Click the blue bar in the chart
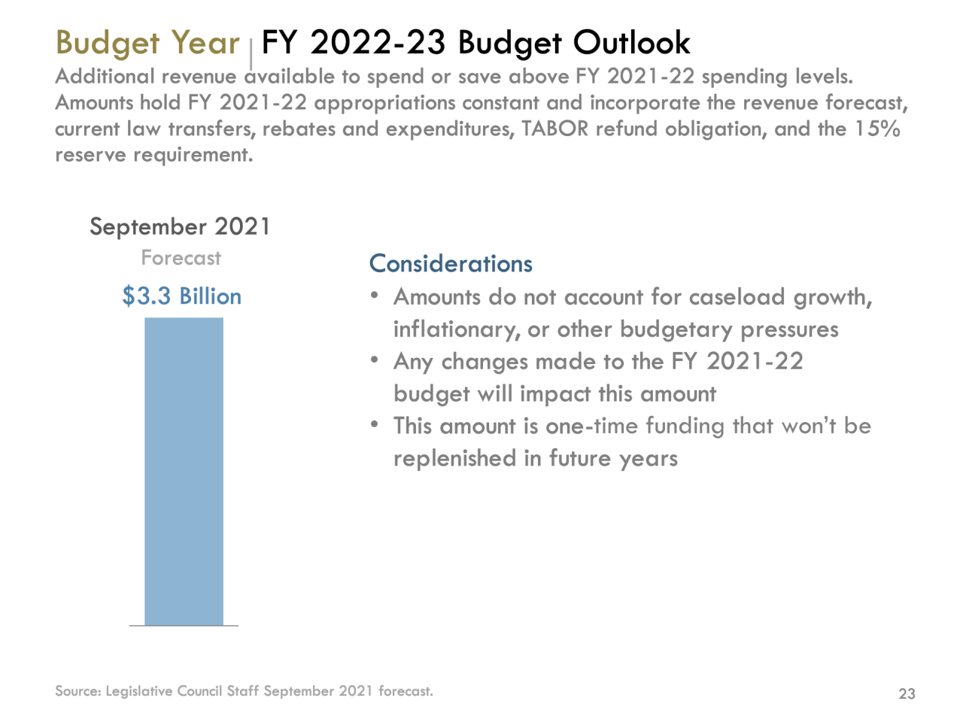pyautogui.click(x=184, y=472)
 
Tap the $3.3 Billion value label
pyautogui.click(x=182, y=296)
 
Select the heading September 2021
pyautogui.click(x=180, y=226)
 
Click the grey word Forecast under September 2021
pyautogui.click(x=181, y=258)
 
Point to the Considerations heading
pyautogui.click(x=451, y=264)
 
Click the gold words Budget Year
pyautogui.click(x=147, y=43)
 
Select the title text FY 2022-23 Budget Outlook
pyautogui.click(x=475, y=43)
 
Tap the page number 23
pyautogui.click(x=907, y=693)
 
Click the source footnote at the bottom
pyautogui.click(x=244, y=691)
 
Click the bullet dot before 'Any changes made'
pyautogui.click(x=374, y=359)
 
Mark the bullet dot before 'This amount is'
pyautogui.click(x=374, y=424)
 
